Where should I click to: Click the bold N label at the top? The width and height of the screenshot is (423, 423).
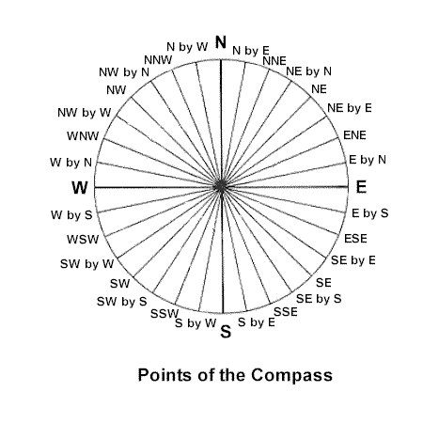(221, 42)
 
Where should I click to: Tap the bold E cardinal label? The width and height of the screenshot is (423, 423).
(361, 187)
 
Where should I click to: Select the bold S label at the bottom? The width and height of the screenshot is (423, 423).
(226, 332)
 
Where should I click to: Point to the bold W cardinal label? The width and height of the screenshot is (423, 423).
(80, 188)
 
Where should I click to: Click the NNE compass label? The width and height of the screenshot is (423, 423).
(274, 61)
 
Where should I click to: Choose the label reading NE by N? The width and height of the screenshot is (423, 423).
(308, 71)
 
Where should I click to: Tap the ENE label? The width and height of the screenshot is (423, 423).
(354, 135)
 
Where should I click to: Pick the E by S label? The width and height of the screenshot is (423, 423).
(369, 213)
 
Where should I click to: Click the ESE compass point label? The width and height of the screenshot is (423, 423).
(355, 239)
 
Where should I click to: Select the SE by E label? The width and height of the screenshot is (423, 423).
(353, 260)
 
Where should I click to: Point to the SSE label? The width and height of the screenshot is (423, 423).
(286, 312)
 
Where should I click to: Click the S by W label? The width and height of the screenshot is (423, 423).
(196, 323)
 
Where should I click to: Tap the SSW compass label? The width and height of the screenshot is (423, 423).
(164, 314)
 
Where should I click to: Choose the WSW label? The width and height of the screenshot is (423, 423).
(83, 240)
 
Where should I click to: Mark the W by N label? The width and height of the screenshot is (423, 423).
(70, 163)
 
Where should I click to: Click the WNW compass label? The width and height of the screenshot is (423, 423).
(83, 136)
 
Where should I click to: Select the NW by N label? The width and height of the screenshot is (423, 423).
(124, 72)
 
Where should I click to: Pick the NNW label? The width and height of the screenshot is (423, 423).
(158, 60)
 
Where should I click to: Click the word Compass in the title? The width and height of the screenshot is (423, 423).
(291, 375)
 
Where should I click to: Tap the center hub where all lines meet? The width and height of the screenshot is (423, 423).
(221, 187)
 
